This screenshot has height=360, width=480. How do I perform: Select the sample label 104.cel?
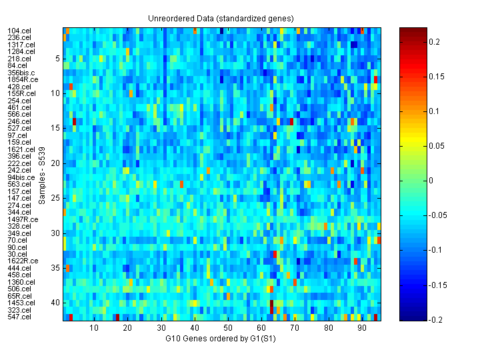point(18,31)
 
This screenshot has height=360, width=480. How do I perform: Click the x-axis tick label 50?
point(227,328)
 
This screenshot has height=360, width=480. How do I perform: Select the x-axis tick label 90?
point(361,328)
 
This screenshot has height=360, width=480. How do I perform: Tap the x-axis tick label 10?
point(94,328)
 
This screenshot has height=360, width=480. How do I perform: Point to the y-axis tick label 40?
point(56,303)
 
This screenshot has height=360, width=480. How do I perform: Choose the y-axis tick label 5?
point(58,59)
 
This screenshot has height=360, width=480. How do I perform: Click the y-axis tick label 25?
point(56,198)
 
